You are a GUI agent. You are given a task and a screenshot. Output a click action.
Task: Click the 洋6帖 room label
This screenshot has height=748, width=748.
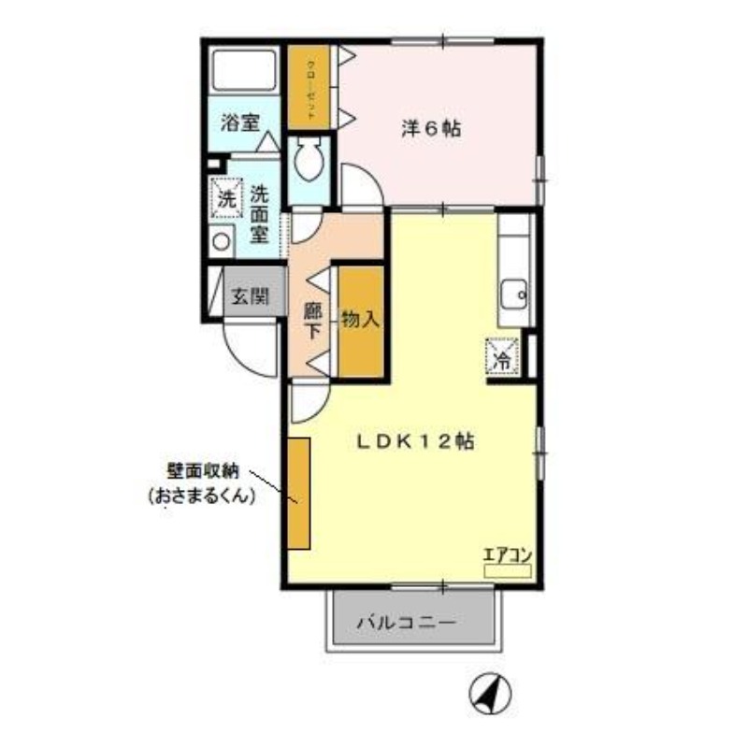431,130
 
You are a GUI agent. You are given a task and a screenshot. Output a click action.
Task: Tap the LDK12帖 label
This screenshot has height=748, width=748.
415,441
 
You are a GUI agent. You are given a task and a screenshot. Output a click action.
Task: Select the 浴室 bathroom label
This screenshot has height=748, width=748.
239,122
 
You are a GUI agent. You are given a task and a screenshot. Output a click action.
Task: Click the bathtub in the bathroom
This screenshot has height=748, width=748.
243,75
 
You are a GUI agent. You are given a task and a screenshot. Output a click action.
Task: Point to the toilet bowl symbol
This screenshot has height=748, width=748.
307,162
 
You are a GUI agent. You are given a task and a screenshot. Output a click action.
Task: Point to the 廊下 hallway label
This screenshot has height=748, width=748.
313,321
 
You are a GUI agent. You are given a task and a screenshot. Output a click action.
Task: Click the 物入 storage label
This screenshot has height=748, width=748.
360,320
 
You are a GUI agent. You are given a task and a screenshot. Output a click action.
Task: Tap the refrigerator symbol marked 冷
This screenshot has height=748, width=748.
501,355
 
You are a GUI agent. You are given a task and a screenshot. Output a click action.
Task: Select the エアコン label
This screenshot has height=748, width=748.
507,554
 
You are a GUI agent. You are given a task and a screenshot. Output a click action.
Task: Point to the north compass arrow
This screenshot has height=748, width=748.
492,694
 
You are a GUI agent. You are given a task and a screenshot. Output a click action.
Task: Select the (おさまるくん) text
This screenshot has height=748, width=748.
201,497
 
